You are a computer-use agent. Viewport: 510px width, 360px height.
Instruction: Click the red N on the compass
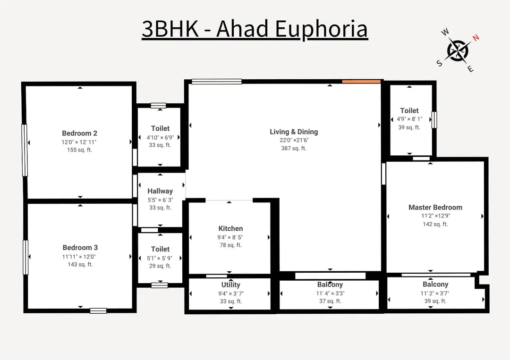(476, 37)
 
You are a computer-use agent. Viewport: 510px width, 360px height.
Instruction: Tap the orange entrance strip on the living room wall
(361, 82)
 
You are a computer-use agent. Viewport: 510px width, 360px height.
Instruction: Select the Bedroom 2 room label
(80, 133)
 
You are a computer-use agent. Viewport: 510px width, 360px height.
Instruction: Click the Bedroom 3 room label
(80, 248)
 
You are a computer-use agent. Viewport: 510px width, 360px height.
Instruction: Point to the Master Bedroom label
(435, 207)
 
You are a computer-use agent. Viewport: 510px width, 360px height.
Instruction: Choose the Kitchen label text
(230, 228)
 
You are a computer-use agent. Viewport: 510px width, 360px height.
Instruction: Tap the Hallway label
(160, 191)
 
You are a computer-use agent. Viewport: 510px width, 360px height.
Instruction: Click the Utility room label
(230, 285)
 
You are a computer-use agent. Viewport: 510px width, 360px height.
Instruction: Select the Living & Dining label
(294, 132)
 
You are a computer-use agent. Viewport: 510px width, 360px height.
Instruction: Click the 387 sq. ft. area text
(294, 148)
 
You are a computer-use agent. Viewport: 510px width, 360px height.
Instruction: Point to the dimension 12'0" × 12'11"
(79, 142)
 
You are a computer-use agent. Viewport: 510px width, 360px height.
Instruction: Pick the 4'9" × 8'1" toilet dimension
(409, 119)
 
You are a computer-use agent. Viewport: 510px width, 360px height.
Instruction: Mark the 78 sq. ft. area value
(230, 245)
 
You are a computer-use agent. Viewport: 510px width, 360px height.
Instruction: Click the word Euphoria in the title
(322, 29)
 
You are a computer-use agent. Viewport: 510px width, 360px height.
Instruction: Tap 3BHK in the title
(170, 29)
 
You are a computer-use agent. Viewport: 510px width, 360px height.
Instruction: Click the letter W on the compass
(445, 32)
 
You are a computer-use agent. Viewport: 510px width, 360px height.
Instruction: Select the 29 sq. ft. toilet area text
(160, 266)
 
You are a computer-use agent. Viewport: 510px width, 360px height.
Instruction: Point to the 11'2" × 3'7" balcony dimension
(435, 293)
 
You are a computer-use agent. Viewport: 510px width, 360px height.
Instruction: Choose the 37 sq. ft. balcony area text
(330, 301)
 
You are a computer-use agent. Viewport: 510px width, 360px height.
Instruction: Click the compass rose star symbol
(458, 51)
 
